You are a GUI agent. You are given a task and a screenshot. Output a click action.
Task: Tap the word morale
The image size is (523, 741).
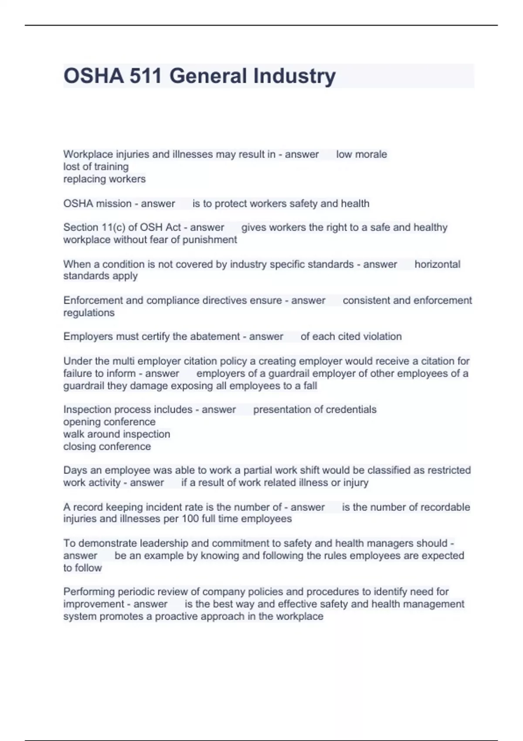coord(370,154)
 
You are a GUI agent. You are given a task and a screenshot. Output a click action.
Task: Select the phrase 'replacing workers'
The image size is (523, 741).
coord(105,179)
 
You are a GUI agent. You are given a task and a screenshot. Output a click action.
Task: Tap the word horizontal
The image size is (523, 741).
coord(437,264)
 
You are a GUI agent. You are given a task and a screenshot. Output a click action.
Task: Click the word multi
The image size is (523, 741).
coord(124,361)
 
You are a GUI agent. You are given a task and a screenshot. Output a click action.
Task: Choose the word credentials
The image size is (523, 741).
coord(351,409)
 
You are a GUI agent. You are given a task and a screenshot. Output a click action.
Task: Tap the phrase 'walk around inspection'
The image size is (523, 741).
coord(117,434)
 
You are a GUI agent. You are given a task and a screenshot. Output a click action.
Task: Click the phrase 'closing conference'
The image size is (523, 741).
coord(107,446)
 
